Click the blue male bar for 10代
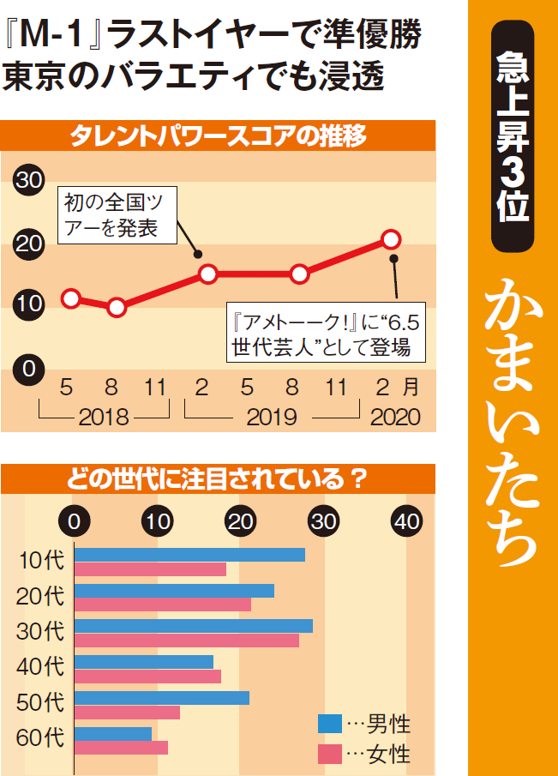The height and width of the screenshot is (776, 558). click(189, 555)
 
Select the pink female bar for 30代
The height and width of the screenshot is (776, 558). click(187, 641)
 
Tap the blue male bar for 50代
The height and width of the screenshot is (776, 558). click(162, 698)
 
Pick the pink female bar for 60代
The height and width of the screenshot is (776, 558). click(121, 748)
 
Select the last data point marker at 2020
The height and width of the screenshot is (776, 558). click(391, 238)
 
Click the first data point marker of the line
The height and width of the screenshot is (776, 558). click(71, 298)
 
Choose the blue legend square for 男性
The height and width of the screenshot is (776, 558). click(330, 724)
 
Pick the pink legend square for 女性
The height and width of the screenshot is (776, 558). click(330, 755)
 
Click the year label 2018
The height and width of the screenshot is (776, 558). click(103, 418)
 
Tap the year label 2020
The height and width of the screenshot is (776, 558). click(395, 418)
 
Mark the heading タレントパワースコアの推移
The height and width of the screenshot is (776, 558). click(218, 137)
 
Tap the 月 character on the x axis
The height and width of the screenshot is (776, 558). click(413, 388)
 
